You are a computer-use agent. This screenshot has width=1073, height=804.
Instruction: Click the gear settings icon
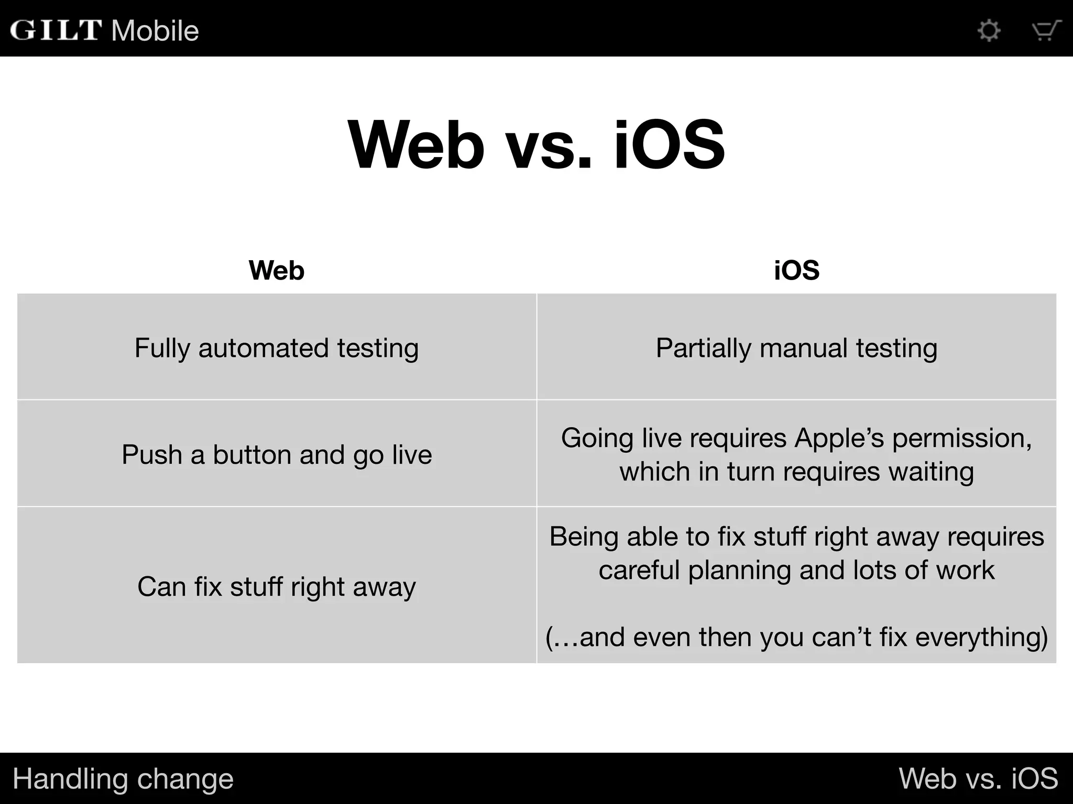(989, 30)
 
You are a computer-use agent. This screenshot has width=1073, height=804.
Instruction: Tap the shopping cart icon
(1046, 30)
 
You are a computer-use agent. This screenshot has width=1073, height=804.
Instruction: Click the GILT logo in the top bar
(56, 30)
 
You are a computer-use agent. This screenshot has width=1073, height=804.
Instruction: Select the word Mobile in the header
(155, 31)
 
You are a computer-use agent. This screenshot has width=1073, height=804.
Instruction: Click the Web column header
(277, 271)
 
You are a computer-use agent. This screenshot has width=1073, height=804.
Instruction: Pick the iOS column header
(796, 271)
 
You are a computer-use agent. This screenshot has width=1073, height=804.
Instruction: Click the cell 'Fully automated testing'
(277, 348)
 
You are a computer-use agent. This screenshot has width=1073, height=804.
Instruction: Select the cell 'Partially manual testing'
(796, 348)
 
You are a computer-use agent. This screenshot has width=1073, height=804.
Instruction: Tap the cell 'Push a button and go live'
(277, 454)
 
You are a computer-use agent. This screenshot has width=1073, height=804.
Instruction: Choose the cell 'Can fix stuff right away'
(277, 586)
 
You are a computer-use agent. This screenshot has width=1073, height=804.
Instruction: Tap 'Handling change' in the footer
(123, 779)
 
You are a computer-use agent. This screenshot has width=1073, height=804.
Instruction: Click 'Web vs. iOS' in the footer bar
(978, 779)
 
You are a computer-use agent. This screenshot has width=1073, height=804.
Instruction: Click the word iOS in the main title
(670, 144)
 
